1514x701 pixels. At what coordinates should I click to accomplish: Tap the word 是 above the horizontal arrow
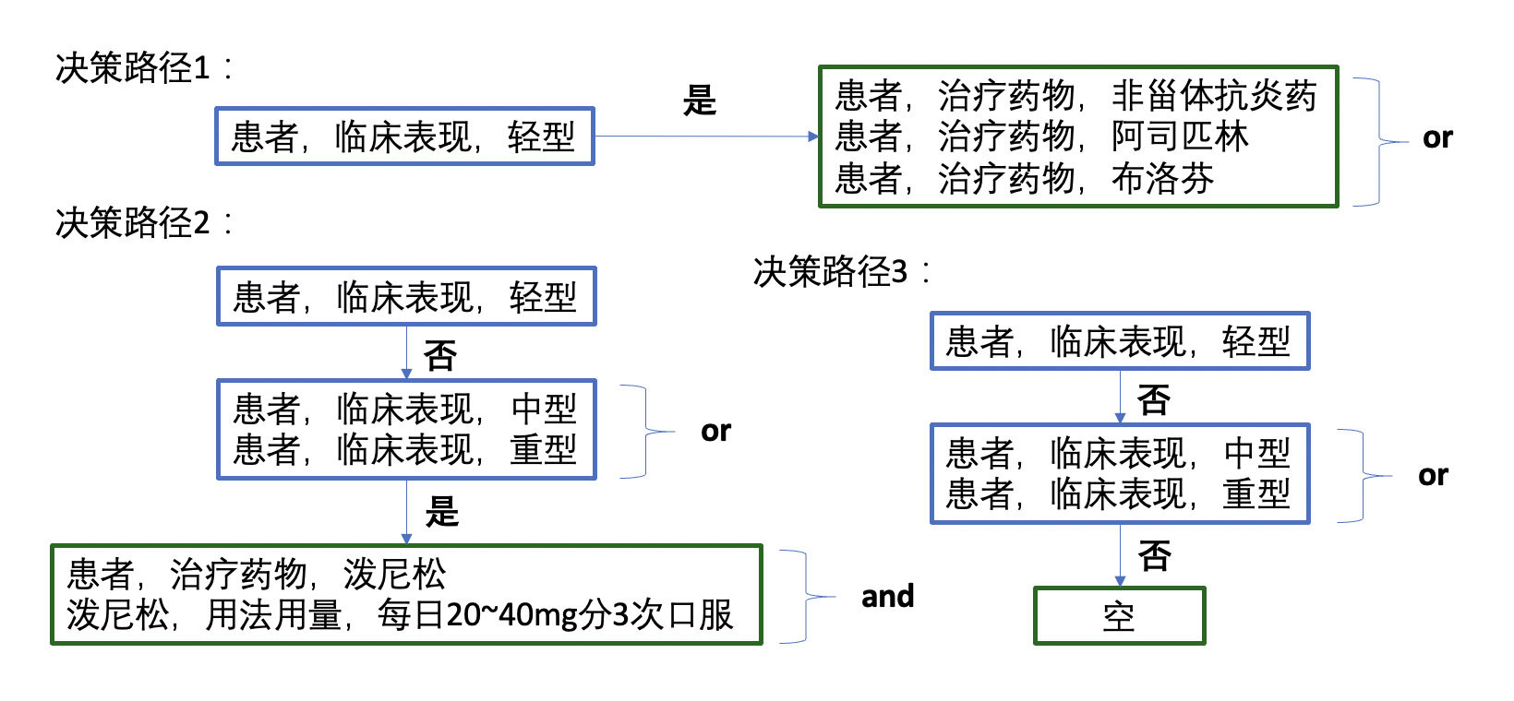(x=699, y=100)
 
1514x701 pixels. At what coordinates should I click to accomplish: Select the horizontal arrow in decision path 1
(x=706, y=137)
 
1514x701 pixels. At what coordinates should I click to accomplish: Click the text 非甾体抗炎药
(x=1213, y=96)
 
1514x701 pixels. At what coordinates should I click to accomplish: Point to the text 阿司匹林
(x=1179, y=137)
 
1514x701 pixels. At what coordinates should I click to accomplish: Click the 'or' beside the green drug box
(x=1436, y=138)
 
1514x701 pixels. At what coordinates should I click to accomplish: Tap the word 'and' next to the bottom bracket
(x=887, y=596)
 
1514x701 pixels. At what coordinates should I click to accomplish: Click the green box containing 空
(x=1119, y=616)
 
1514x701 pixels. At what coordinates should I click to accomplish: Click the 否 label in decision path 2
(x=439, y=355)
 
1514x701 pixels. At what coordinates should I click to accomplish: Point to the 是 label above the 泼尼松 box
(x=441, y=511)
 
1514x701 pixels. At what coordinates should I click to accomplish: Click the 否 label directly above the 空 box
(x=1154, y=555)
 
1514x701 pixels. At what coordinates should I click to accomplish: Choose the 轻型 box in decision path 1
(x=404, y=137)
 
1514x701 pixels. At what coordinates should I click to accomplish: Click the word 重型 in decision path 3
(x=1256, y=493)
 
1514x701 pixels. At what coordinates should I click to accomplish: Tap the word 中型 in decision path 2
(x=543, y=409)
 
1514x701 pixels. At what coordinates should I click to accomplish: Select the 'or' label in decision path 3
(x=1433, y=476)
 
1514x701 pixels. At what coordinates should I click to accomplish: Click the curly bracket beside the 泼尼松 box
(x=803, y=596)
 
